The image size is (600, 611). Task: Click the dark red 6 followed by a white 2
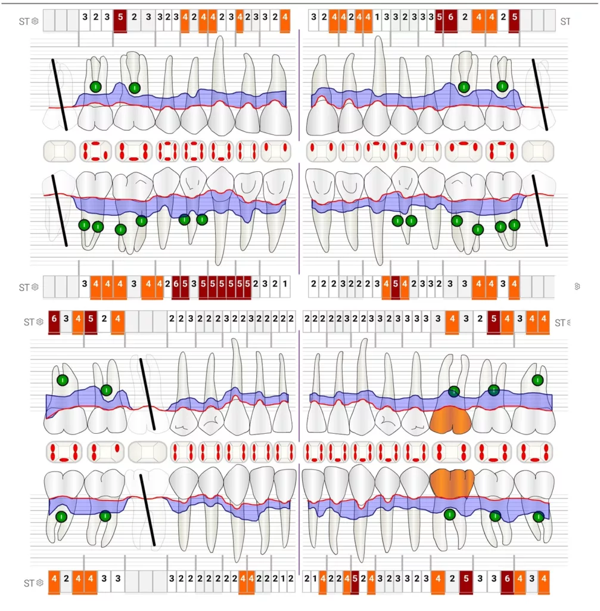[450, 18]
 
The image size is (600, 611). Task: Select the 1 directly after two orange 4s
[378, 18]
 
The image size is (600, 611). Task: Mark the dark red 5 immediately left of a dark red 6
[439, 18]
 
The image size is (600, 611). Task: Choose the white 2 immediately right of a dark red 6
[465, 18]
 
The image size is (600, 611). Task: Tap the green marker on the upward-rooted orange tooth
[454, 391]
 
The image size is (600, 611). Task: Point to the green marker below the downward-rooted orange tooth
[450, 514]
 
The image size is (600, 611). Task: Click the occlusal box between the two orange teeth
[451, 452]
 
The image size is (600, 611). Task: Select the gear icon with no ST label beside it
[577, 286]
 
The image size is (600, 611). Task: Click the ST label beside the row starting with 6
[29, 322]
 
